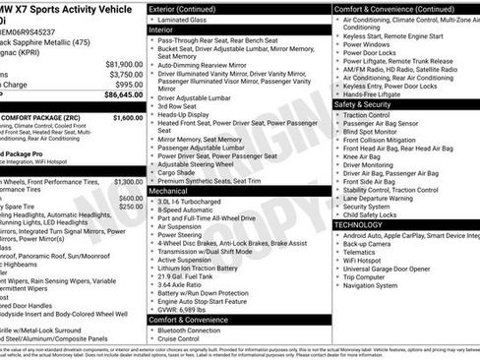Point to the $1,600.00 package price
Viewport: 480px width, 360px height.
(127, 117)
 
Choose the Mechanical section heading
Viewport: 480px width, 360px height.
(169, 190)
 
